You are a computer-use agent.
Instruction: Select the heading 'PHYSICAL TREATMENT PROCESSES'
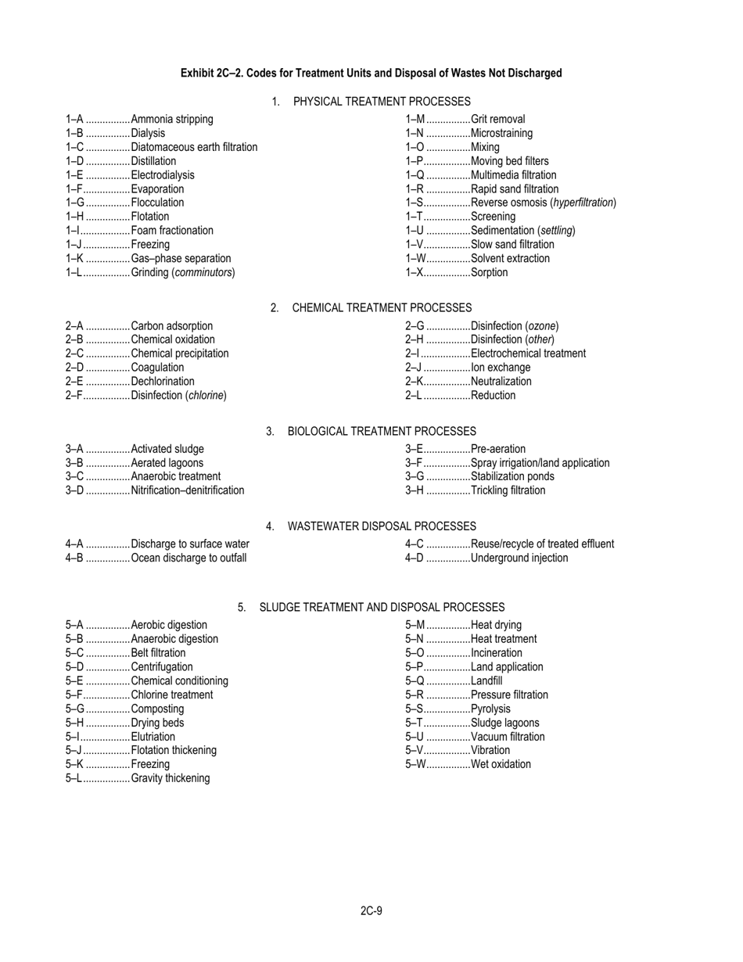pos(382,102)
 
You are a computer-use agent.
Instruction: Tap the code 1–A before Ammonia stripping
pos(74,120)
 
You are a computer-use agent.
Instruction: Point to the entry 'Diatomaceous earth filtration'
pos(194,147)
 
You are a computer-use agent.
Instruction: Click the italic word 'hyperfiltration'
pos(583,203)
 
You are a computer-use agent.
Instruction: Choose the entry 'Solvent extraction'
pos(510,259)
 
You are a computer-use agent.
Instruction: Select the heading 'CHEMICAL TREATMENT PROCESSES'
pos(382,308)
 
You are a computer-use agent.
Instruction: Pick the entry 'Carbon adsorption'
pos(171,326)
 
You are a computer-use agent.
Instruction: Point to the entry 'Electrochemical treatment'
pos(528,354)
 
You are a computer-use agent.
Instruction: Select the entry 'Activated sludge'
pos(167,449)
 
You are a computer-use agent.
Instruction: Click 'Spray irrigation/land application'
pos(540,463)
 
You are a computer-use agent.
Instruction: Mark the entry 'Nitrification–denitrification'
pos(188,490)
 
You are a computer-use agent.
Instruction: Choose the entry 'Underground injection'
pos(519,558)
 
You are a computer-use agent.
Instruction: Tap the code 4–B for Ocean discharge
pos(74,558)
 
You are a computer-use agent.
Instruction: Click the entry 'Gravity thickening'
pos(170,778)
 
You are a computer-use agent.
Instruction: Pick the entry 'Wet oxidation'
pos(501,764)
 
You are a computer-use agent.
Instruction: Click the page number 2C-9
pos(371,910)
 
